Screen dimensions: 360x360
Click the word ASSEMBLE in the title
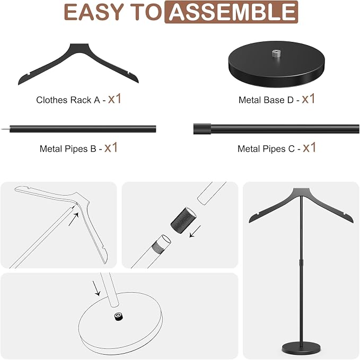pos(232,12)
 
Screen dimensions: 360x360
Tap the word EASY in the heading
pos(94,12)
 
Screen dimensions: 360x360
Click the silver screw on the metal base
pos(276,54)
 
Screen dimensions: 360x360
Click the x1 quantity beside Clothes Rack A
pos(115,99)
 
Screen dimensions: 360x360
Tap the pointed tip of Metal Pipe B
pos(2,129)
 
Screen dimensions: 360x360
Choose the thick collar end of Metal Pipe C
pos(202,129)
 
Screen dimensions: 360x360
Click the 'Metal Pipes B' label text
pos(68,149)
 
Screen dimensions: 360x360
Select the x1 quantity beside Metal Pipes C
pos(309,147)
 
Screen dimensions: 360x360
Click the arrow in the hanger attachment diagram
pos(74,219)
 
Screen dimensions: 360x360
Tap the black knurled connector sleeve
pos(183,221)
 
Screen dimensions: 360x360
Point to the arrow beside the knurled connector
pos(195,231)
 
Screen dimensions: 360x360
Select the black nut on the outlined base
pos(118,317)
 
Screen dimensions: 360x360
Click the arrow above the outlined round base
pos(96,288)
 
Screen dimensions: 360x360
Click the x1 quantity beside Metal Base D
pos(309,99)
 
